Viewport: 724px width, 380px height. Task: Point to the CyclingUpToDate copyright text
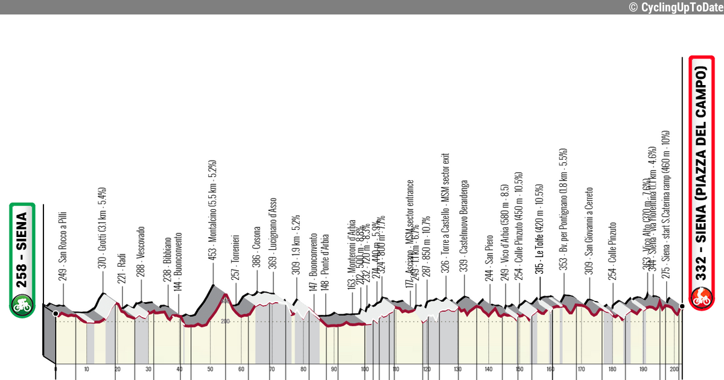[675, 7]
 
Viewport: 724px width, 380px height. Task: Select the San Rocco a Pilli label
[62, 246]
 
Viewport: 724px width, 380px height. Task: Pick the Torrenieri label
[236, 256]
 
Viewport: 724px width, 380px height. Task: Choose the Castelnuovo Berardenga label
[464, 227]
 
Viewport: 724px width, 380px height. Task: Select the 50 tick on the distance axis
[210, 369]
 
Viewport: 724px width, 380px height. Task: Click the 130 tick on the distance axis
[458, 369]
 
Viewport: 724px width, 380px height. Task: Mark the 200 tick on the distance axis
[675, 369]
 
